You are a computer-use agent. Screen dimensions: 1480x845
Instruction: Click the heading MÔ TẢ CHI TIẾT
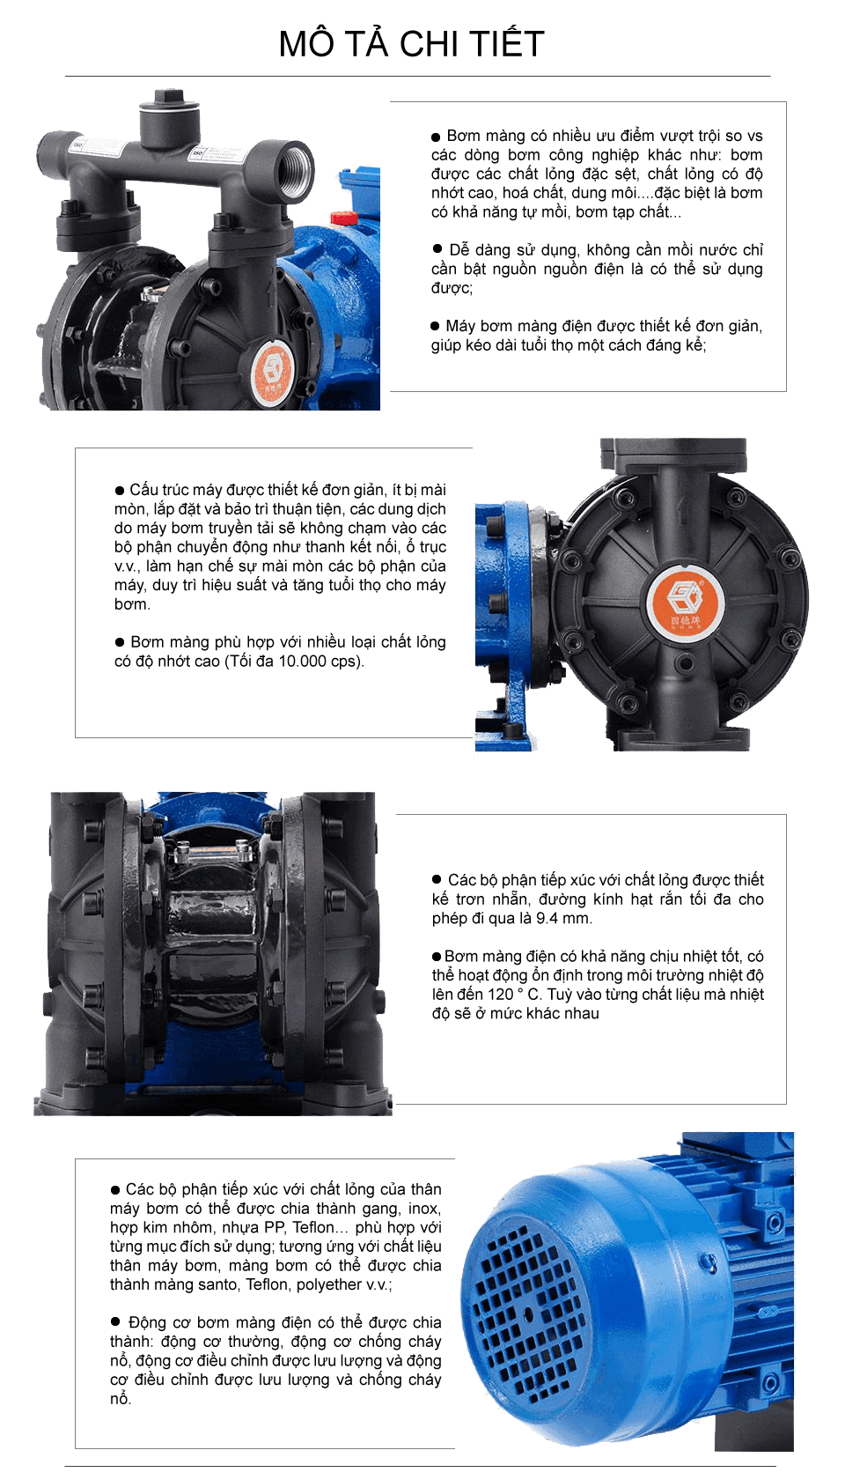pos(411,44)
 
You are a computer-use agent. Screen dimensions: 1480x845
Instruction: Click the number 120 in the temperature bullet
pos(500,995)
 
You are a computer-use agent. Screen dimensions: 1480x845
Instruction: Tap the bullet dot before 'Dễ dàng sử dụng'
pos(437,249)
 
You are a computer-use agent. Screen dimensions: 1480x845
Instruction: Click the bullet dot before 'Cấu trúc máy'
pos(120,490)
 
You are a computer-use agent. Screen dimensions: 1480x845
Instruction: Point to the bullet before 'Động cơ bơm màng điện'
pos(115,1321)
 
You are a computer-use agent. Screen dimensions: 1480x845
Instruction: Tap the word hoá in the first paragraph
pos(516,193)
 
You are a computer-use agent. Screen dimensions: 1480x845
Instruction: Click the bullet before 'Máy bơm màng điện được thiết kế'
pos(435,326)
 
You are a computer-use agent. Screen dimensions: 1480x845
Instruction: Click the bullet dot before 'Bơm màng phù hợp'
pos(120,642)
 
